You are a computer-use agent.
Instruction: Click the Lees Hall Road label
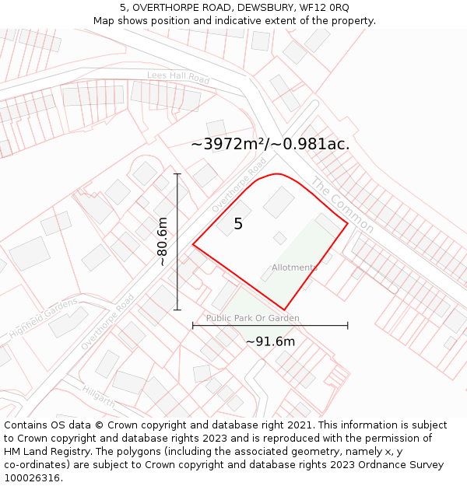click(x=178, y=79)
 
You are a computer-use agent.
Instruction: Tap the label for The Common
click(x=342, y=205)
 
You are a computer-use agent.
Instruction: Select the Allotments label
click(x=294, y=267)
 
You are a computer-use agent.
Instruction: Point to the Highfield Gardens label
click(x=44, y=318)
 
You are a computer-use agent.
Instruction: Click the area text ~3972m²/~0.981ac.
click(x=270, y=144)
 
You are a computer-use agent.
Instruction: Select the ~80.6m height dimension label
click(x=163, y=242)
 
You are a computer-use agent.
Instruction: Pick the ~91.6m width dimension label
click(x=270, y=341)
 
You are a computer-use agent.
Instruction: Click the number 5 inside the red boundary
click(x=238, y=224)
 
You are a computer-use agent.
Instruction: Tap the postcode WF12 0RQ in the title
click(x=323, y=7)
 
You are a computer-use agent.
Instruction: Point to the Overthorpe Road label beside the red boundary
click(x=239, y=184)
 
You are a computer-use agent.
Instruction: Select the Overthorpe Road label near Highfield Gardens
click(x=108, y=321)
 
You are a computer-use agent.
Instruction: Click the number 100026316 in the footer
click(x=33, y=477)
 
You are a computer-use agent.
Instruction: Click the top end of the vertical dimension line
click(x=177, y=173)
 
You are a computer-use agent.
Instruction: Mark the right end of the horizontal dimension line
click(x=347, y=326)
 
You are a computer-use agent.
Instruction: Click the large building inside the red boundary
click(x=279, y=202)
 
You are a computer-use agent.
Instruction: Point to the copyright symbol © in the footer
click(x=99, y=425)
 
